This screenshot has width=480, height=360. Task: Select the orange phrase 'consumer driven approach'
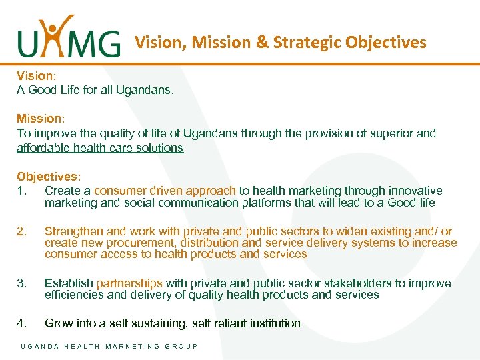click(x=165, y=191)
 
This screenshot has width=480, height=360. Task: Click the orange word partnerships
click(x=129, y=283)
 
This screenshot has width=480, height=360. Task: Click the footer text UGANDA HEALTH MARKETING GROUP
click(x=109, y=347)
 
